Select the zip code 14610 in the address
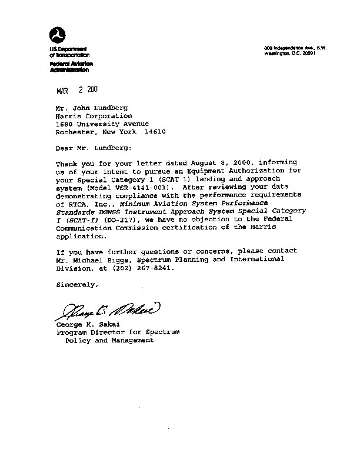coord(154,132)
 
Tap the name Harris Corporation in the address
coord(90,115)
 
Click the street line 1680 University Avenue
coord(102,124)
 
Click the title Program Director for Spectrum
coord(118,332)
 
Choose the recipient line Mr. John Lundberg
coord(86,107)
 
